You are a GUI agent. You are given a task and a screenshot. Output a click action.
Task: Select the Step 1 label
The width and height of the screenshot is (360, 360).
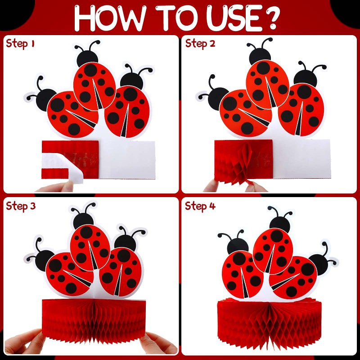pyautogui.click(x=20, y=44)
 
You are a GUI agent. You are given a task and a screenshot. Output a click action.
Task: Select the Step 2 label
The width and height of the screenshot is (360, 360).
pyautogui.click(x=200, y=44)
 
